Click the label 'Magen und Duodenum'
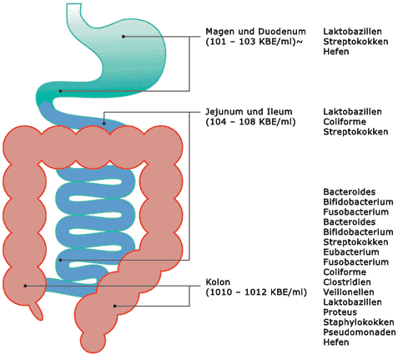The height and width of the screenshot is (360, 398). point(255,32)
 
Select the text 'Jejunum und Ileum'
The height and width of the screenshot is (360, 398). point(249,112)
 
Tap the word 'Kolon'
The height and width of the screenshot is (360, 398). point(218,282)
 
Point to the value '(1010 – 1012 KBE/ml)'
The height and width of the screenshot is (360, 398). point(256,292)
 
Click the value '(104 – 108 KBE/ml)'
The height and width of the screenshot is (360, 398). point(250,122)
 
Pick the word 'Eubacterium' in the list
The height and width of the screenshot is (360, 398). point(351,252)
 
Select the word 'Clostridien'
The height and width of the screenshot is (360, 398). point(347,282)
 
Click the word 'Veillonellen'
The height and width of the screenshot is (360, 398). point(349,292)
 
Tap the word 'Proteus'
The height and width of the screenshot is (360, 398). point(340,312)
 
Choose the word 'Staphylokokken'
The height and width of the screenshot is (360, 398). point(359,322)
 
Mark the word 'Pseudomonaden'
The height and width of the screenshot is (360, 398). point(360,332)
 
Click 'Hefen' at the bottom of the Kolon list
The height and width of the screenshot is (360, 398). point(336,342)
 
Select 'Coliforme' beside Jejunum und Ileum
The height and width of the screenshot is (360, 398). point(345,122)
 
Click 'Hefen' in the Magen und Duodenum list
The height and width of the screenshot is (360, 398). point(336,52)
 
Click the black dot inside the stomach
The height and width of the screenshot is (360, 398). point(123,37)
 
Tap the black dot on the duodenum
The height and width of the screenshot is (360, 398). point(61,91)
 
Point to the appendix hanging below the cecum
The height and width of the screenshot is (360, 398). point(37,311)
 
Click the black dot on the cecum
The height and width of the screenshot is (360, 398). point(25,286)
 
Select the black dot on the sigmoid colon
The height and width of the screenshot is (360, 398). point(114,306)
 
